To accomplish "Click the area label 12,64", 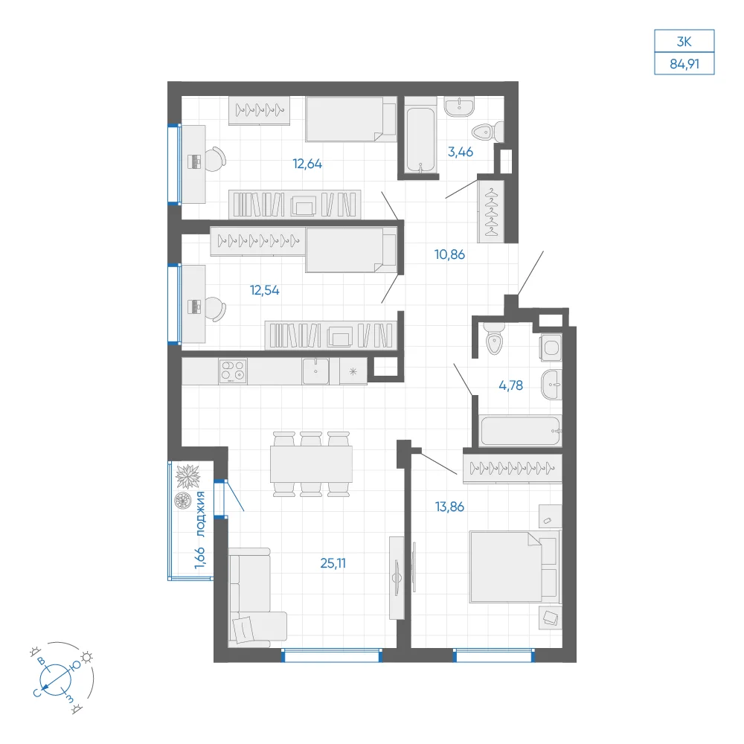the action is tap(307, 164).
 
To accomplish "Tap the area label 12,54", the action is tap(265, 290).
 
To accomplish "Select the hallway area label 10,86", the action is tap(450, 254).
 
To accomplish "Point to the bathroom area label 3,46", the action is tap(461, 152).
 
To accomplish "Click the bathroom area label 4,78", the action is tap(510, 385).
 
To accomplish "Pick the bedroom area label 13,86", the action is tap(450, 507).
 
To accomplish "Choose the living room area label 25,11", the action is tap(333, 563).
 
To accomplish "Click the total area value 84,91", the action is tap(684, 63).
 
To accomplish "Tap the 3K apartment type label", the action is tap(684, 42).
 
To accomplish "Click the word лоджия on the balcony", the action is tap(201, 514).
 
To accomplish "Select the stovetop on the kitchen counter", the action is tap(233, 371).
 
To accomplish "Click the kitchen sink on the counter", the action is tap(315, 371).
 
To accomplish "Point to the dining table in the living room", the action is tap(311, 464).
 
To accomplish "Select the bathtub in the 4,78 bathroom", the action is tap(520, 431).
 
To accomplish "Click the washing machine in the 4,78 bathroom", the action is tap(551, 347).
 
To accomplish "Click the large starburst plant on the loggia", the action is tap(188, 476).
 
